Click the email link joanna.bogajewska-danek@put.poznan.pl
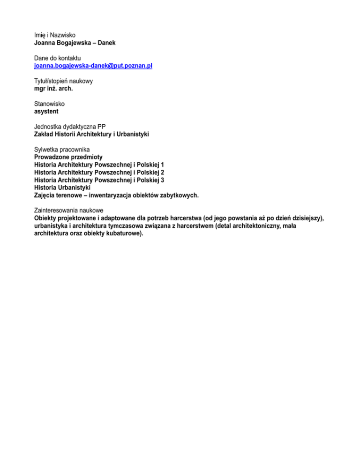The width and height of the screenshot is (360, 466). [93, 66]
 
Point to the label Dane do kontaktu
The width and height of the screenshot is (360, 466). [57, 58]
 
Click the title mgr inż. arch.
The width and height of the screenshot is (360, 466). [53, 89]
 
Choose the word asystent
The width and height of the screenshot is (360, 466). [46, 112]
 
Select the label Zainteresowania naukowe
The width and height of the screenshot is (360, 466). [68, 210]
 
